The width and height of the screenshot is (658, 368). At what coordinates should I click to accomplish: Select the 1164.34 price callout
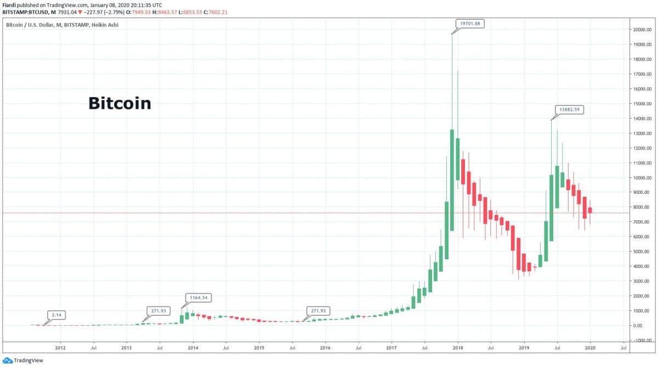click(198, 298)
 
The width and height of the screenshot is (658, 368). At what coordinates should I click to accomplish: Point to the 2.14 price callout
click(55, 314)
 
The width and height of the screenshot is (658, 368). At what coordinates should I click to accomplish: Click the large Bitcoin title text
click(120, 103)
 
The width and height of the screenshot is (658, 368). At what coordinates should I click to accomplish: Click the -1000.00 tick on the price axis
click(640, 341)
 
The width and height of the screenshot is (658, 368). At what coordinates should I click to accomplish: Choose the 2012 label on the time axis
click(60, 348)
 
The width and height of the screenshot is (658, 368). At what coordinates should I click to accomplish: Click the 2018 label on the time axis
click(457, 348)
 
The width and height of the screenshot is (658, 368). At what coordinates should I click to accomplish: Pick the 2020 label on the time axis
click(590, 348)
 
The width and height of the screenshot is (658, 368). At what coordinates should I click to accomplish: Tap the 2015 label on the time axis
click(259, 348)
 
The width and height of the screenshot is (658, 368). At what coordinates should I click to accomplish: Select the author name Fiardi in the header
click(9, 4)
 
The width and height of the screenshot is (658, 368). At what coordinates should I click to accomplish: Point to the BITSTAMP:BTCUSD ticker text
click(22, 12)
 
